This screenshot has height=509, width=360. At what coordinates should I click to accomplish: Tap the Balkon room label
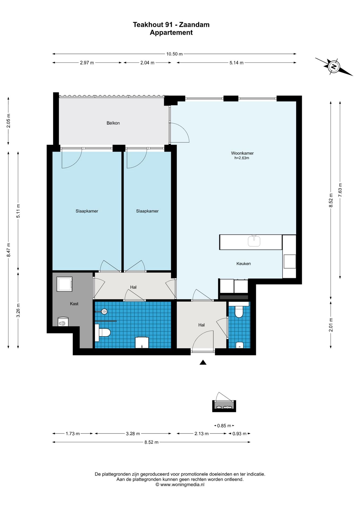click(x=113, y=123)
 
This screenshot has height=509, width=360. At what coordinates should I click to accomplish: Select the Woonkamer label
click(x=242, y=153)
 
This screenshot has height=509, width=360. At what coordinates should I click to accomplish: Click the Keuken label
click(x=244, y=264)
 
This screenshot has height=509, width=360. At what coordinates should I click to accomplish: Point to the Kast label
click(x=74, y=304)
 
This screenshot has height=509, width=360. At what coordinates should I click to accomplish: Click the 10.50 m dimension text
click(x=174, y=54)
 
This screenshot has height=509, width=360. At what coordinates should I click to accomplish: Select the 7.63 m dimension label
click(x=340, y=190)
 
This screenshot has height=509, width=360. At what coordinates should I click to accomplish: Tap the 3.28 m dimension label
click(x=133, y=434)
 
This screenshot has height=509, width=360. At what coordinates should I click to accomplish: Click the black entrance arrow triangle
click(x=203, y=362)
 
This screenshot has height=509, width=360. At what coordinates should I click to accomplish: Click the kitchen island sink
click(x=254, y=241)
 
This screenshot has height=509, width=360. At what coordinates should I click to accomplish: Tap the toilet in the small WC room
click(x=239, y=312)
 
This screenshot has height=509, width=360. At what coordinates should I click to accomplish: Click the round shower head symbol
click(x=104, y=311)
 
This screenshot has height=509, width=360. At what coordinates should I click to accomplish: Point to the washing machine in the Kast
click(x=64, y=284)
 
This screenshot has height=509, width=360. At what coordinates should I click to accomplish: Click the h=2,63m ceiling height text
click(x=242, y=158)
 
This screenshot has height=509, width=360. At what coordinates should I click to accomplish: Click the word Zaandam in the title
click(x=194, y=25)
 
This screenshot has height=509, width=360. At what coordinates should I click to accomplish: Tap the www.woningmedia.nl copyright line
click(x=180, y=485)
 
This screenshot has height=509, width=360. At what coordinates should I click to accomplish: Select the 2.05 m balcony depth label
click(x=8, y=121)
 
